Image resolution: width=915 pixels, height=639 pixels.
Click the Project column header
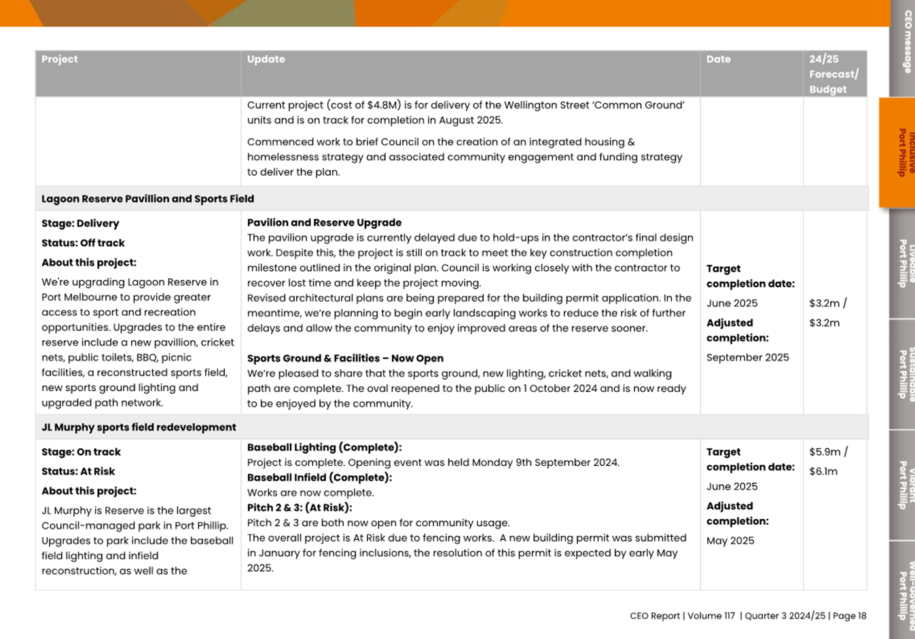point(60,60)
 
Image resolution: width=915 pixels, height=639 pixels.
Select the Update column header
point(266,60)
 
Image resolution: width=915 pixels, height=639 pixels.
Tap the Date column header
point(718,60)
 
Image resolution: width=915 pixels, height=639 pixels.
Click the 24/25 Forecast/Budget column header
point(833,74)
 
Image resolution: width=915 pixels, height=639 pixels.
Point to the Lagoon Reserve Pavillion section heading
point(147,199)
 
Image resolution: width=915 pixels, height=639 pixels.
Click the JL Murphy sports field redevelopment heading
point(139,427)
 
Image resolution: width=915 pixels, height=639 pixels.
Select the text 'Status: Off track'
point(83,243)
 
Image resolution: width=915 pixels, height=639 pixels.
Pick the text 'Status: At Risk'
point(78,471)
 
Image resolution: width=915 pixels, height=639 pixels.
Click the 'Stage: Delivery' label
point(80,223)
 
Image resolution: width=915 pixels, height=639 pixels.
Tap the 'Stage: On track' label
point(81,452)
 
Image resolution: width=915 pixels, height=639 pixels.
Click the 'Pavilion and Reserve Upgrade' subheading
point(324,223)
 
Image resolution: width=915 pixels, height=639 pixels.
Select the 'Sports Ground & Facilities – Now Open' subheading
point(345,359)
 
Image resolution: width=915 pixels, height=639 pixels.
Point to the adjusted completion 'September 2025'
point(747,358)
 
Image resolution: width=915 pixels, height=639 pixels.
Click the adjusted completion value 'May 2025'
point(730,541)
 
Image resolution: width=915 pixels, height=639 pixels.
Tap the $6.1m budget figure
point(823,471)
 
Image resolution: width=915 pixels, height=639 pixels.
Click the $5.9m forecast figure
point(825,452)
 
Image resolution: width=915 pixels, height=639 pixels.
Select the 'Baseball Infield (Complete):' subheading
point(319,477)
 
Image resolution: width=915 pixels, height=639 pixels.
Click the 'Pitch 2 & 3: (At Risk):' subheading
point(300,507)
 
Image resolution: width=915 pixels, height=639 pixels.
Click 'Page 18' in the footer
point(849,616)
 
